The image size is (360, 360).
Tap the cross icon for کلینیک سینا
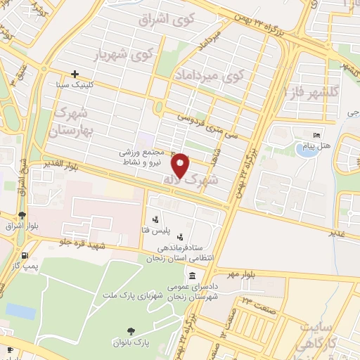tap(75, 73)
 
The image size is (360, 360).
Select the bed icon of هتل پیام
tap(317, 134)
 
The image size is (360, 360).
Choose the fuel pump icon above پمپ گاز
tap(26, 255)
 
